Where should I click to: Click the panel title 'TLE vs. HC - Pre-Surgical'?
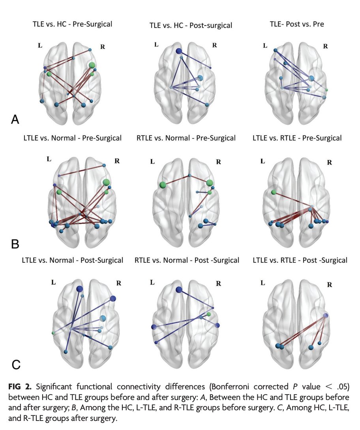click(72, 24)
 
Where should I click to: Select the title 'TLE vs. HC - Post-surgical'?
click(191, 25)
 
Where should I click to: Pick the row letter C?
click(16, 365)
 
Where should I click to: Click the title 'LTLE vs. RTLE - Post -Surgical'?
click(300, 260)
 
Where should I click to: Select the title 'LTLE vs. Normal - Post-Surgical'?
click(72, 260)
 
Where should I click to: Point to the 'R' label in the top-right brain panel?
click(326, 46)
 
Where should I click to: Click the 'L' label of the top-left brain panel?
click(40, 45)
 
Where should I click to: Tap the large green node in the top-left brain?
click(92, 65)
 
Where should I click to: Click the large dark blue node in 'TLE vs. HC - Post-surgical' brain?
click(178, 51)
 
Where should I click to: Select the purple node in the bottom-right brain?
click(325, 316)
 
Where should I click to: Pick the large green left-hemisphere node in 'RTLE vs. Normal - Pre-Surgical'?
click(162, 185)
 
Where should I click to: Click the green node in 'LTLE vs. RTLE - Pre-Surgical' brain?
click(273, 192)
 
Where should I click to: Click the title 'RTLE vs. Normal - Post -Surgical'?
click(187, 260)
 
